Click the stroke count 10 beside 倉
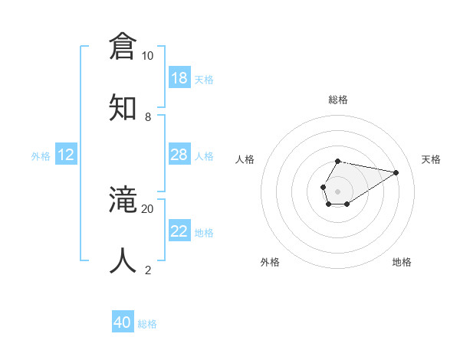click(x=147, y=56)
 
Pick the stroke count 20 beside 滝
click(x=147, y=208)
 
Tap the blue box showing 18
click(x=179, y=78)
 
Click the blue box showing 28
click(x=179, y=155)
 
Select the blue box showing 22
click(x=179, y=231)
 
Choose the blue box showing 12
click(x=66, y=155)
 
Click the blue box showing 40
click(x=123, y=322)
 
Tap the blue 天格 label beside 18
click(x=204, y=79)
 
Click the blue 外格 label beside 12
click(x=41, y=156)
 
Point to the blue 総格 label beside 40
click(x=147, y=324)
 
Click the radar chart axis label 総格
click(x=337, y=100)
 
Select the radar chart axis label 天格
click(x=432, y=159)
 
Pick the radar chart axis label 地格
click(x=402, y=262)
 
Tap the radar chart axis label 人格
click(x=245, y=159)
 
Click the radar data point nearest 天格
click(x=396, y=172)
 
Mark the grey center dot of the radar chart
click(x=337, y=190)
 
